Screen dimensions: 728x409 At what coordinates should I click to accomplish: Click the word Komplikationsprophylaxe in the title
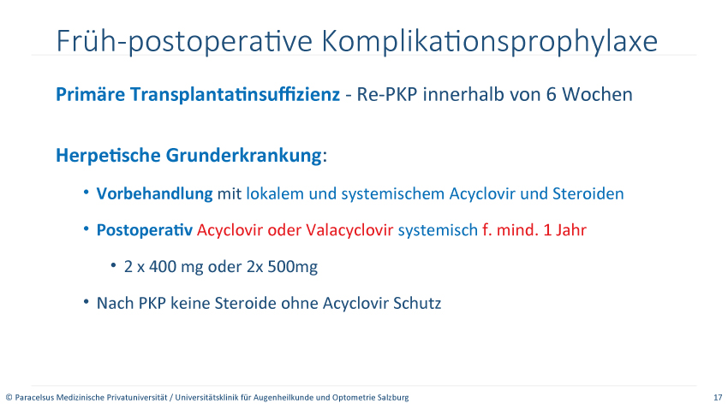489,41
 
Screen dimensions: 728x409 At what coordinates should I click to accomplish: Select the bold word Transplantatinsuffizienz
235,95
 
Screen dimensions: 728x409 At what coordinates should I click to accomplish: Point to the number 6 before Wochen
551,95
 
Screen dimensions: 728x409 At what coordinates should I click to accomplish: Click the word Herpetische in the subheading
108,156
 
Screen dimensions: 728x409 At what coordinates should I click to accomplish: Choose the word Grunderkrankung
244,156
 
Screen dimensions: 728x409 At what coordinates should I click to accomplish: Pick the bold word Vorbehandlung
155,193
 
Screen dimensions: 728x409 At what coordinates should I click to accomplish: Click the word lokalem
275,193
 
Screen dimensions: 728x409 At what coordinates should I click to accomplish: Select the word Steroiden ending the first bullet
588,193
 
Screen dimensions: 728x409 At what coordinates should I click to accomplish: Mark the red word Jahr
571,230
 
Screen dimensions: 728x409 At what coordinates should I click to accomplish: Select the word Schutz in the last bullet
417,303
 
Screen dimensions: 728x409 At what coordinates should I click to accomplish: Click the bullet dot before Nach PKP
87,302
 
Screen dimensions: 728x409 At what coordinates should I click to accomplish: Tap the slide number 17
718,397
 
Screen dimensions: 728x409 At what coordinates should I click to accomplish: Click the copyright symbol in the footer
9,397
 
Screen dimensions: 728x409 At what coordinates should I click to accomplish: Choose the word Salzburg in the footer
395,397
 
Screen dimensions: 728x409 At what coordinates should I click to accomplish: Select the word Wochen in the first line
597,95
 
